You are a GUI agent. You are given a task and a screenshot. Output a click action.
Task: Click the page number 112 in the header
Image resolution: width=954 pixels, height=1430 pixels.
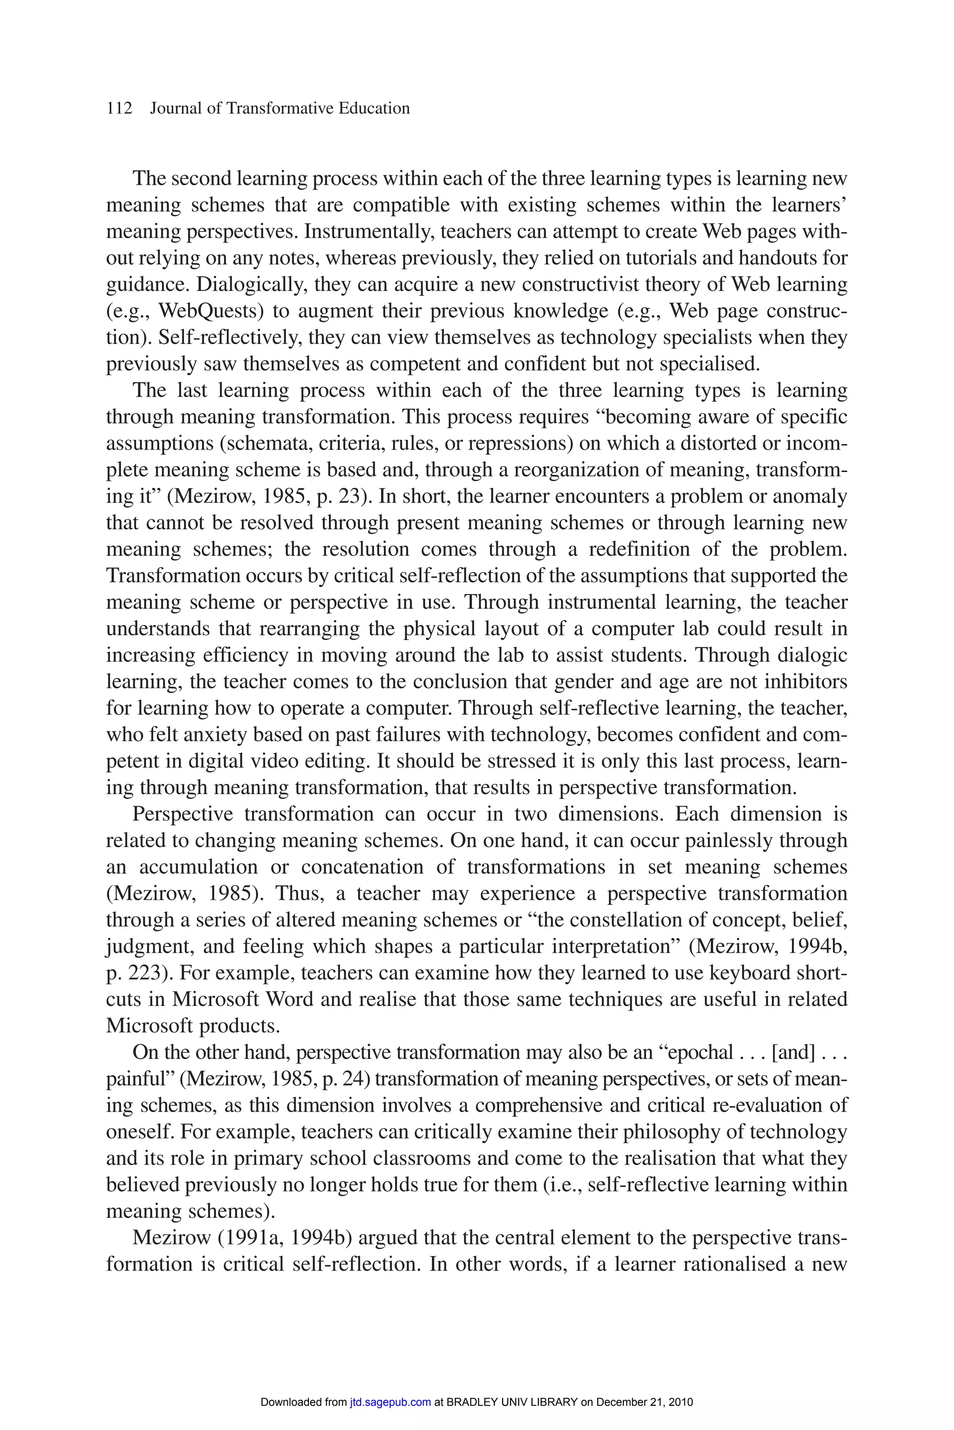click(x=119, y=109)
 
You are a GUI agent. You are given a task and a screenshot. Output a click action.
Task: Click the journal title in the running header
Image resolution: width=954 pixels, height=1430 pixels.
click(x=280, y=109)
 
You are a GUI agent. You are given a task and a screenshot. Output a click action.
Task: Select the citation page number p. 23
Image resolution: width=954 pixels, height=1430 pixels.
click(x=346, y=496)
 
